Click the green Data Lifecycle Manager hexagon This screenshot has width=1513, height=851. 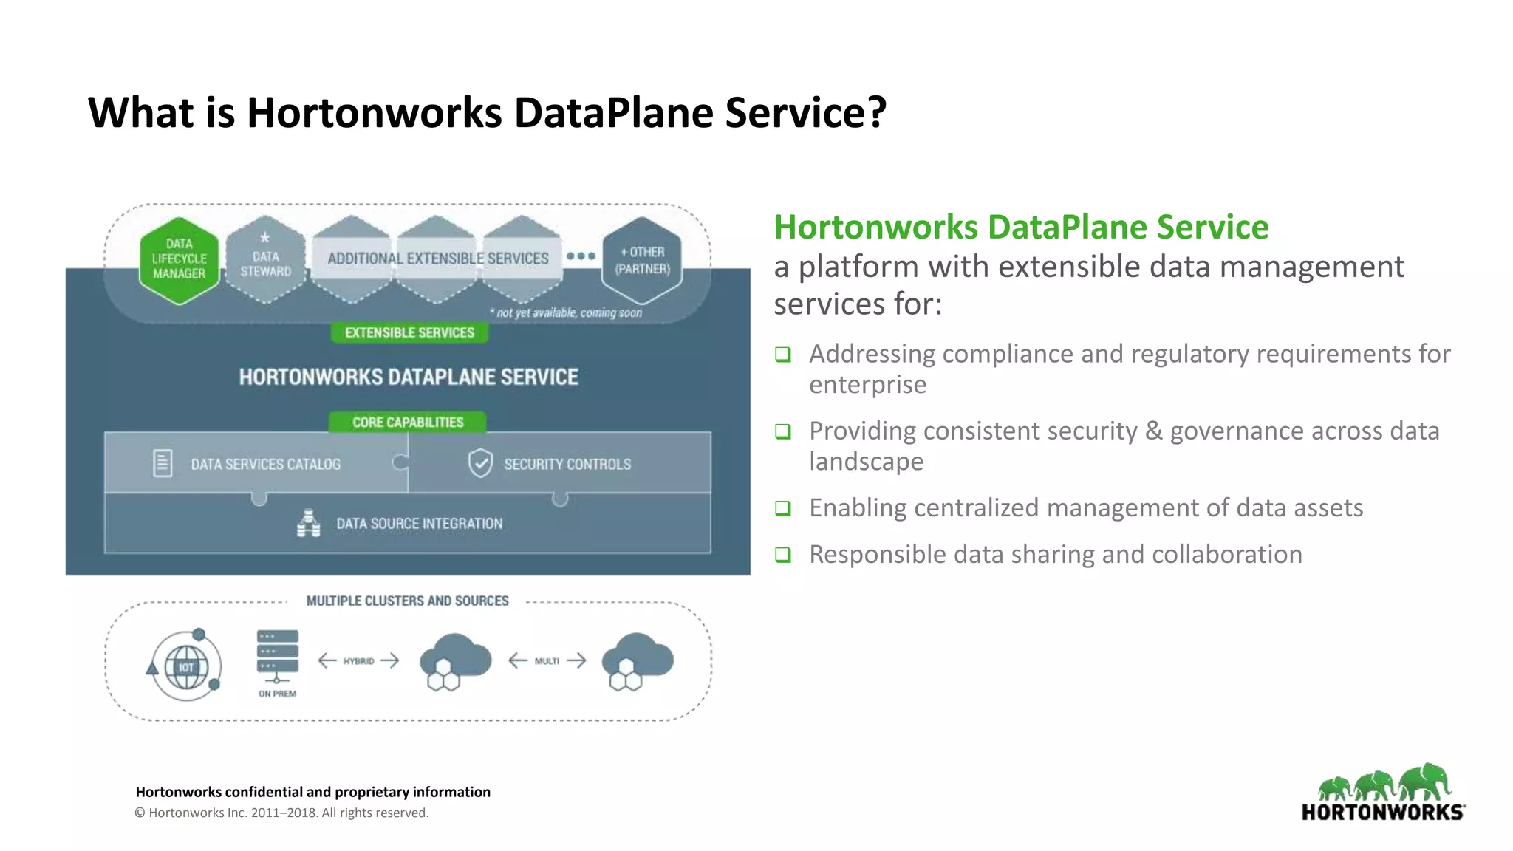[180, 260]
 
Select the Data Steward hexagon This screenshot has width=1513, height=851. [265, 260]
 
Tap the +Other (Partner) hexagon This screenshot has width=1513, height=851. [642, 260]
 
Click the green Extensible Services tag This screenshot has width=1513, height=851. [409, 333]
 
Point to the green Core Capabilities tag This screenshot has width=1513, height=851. [408, 423]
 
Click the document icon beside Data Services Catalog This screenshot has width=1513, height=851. [163, 464]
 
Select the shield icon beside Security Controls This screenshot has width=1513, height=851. [480, 464]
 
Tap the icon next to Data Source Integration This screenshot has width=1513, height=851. [309, 523]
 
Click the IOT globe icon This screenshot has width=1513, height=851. [185, 666]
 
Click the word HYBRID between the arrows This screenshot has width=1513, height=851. [358, 661]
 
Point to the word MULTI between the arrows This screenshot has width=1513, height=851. [547, 661]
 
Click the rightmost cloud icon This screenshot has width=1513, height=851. [637, 660]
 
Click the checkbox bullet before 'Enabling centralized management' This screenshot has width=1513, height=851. [783, 508]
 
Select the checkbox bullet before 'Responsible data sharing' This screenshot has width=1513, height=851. [783, 555]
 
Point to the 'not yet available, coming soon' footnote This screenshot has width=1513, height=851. [567, 313]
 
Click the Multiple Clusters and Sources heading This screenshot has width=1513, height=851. [407, 601]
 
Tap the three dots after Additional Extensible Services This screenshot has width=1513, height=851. [581, 256]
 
